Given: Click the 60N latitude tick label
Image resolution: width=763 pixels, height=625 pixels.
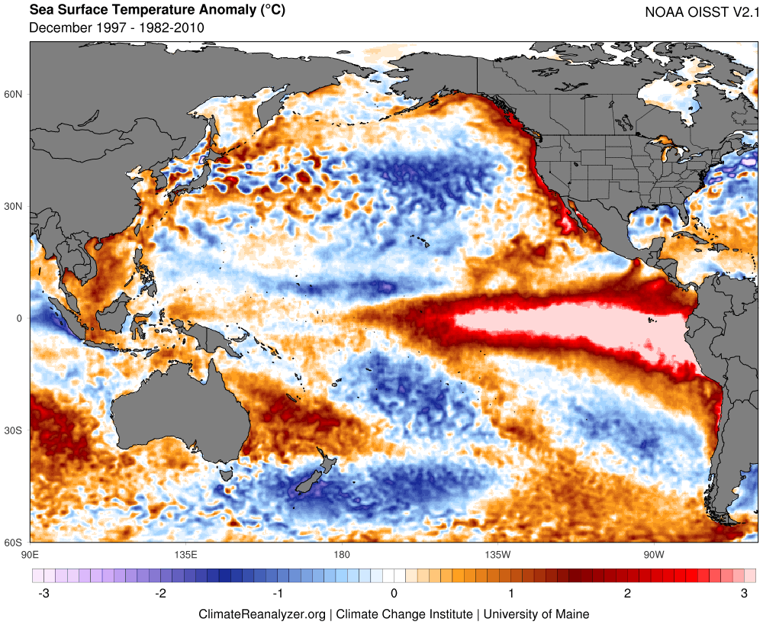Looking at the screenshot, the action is pyautogui.click(x=13, y=94).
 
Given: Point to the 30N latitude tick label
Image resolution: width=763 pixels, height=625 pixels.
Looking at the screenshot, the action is pyautogui.click(x=13, y=206).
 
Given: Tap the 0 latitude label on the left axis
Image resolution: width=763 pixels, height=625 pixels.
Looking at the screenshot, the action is pyautogui.click(x=20, y=318).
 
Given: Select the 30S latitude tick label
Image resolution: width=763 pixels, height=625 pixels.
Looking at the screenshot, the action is pyautogui.click(x=13, y=430).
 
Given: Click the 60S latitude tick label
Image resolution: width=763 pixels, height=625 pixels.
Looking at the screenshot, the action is pyautogui.click(x=13, y=543).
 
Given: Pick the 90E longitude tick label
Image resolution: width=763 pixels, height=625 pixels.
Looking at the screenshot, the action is pyautogui.click(x=31, y=555).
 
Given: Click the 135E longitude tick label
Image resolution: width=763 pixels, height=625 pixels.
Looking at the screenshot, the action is pyautogui.click(x=186, y=555).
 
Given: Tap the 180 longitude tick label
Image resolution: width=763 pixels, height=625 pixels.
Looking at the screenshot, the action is pyautogui.click(x=342, y=555).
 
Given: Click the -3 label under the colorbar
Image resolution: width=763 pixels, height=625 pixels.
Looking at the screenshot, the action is pyautogui.click(x=43, y=594).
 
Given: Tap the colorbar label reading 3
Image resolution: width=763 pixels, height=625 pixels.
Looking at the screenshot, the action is pyautogui.click(x=744, y=594).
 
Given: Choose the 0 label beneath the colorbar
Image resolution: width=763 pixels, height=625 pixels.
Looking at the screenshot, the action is pyautogui.click(x=394, y=594).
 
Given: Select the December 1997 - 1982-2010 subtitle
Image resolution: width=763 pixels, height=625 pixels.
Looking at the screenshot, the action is pyautogui.click(x=117, y=27).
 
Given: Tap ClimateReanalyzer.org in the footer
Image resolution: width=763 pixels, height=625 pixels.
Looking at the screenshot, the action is pyautogui.click(x=262, y=614).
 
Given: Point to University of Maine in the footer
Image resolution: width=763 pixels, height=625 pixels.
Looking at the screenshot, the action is pyautogui.click(x=536, y=614).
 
